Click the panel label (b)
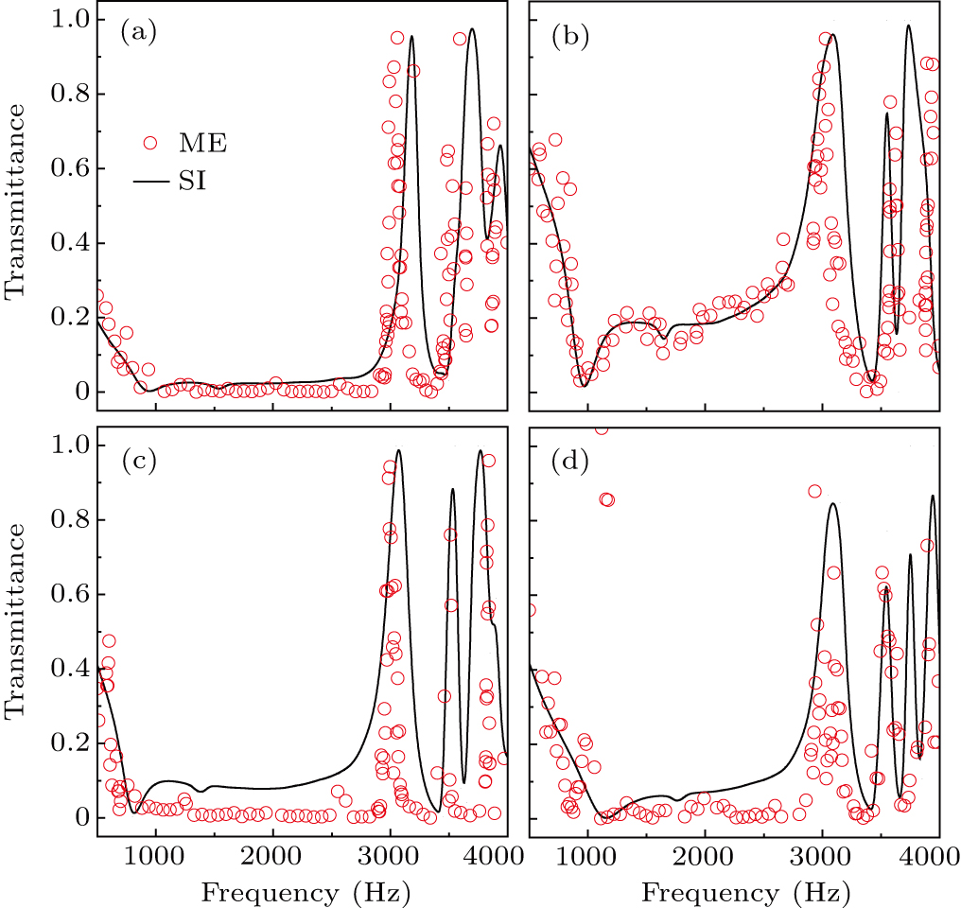569,36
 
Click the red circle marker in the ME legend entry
149,144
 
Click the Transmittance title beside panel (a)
16,212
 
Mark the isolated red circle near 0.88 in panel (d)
814,491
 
